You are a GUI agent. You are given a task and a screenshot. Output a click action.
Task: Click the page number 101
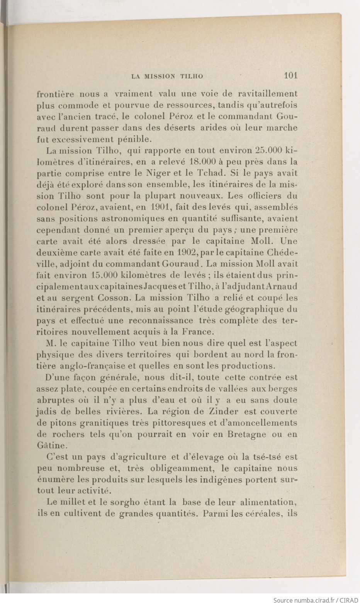(x=290, y=75)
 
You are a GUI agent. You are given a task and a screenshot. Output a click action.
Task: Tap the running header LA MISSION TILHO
(x=167, y=76)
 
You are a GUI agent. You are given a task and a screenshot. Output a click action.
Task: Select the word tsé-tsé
(x=270, y=457)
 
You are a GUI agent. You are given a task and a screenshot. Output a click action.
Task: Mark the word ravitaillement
(x=267, y=93)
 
